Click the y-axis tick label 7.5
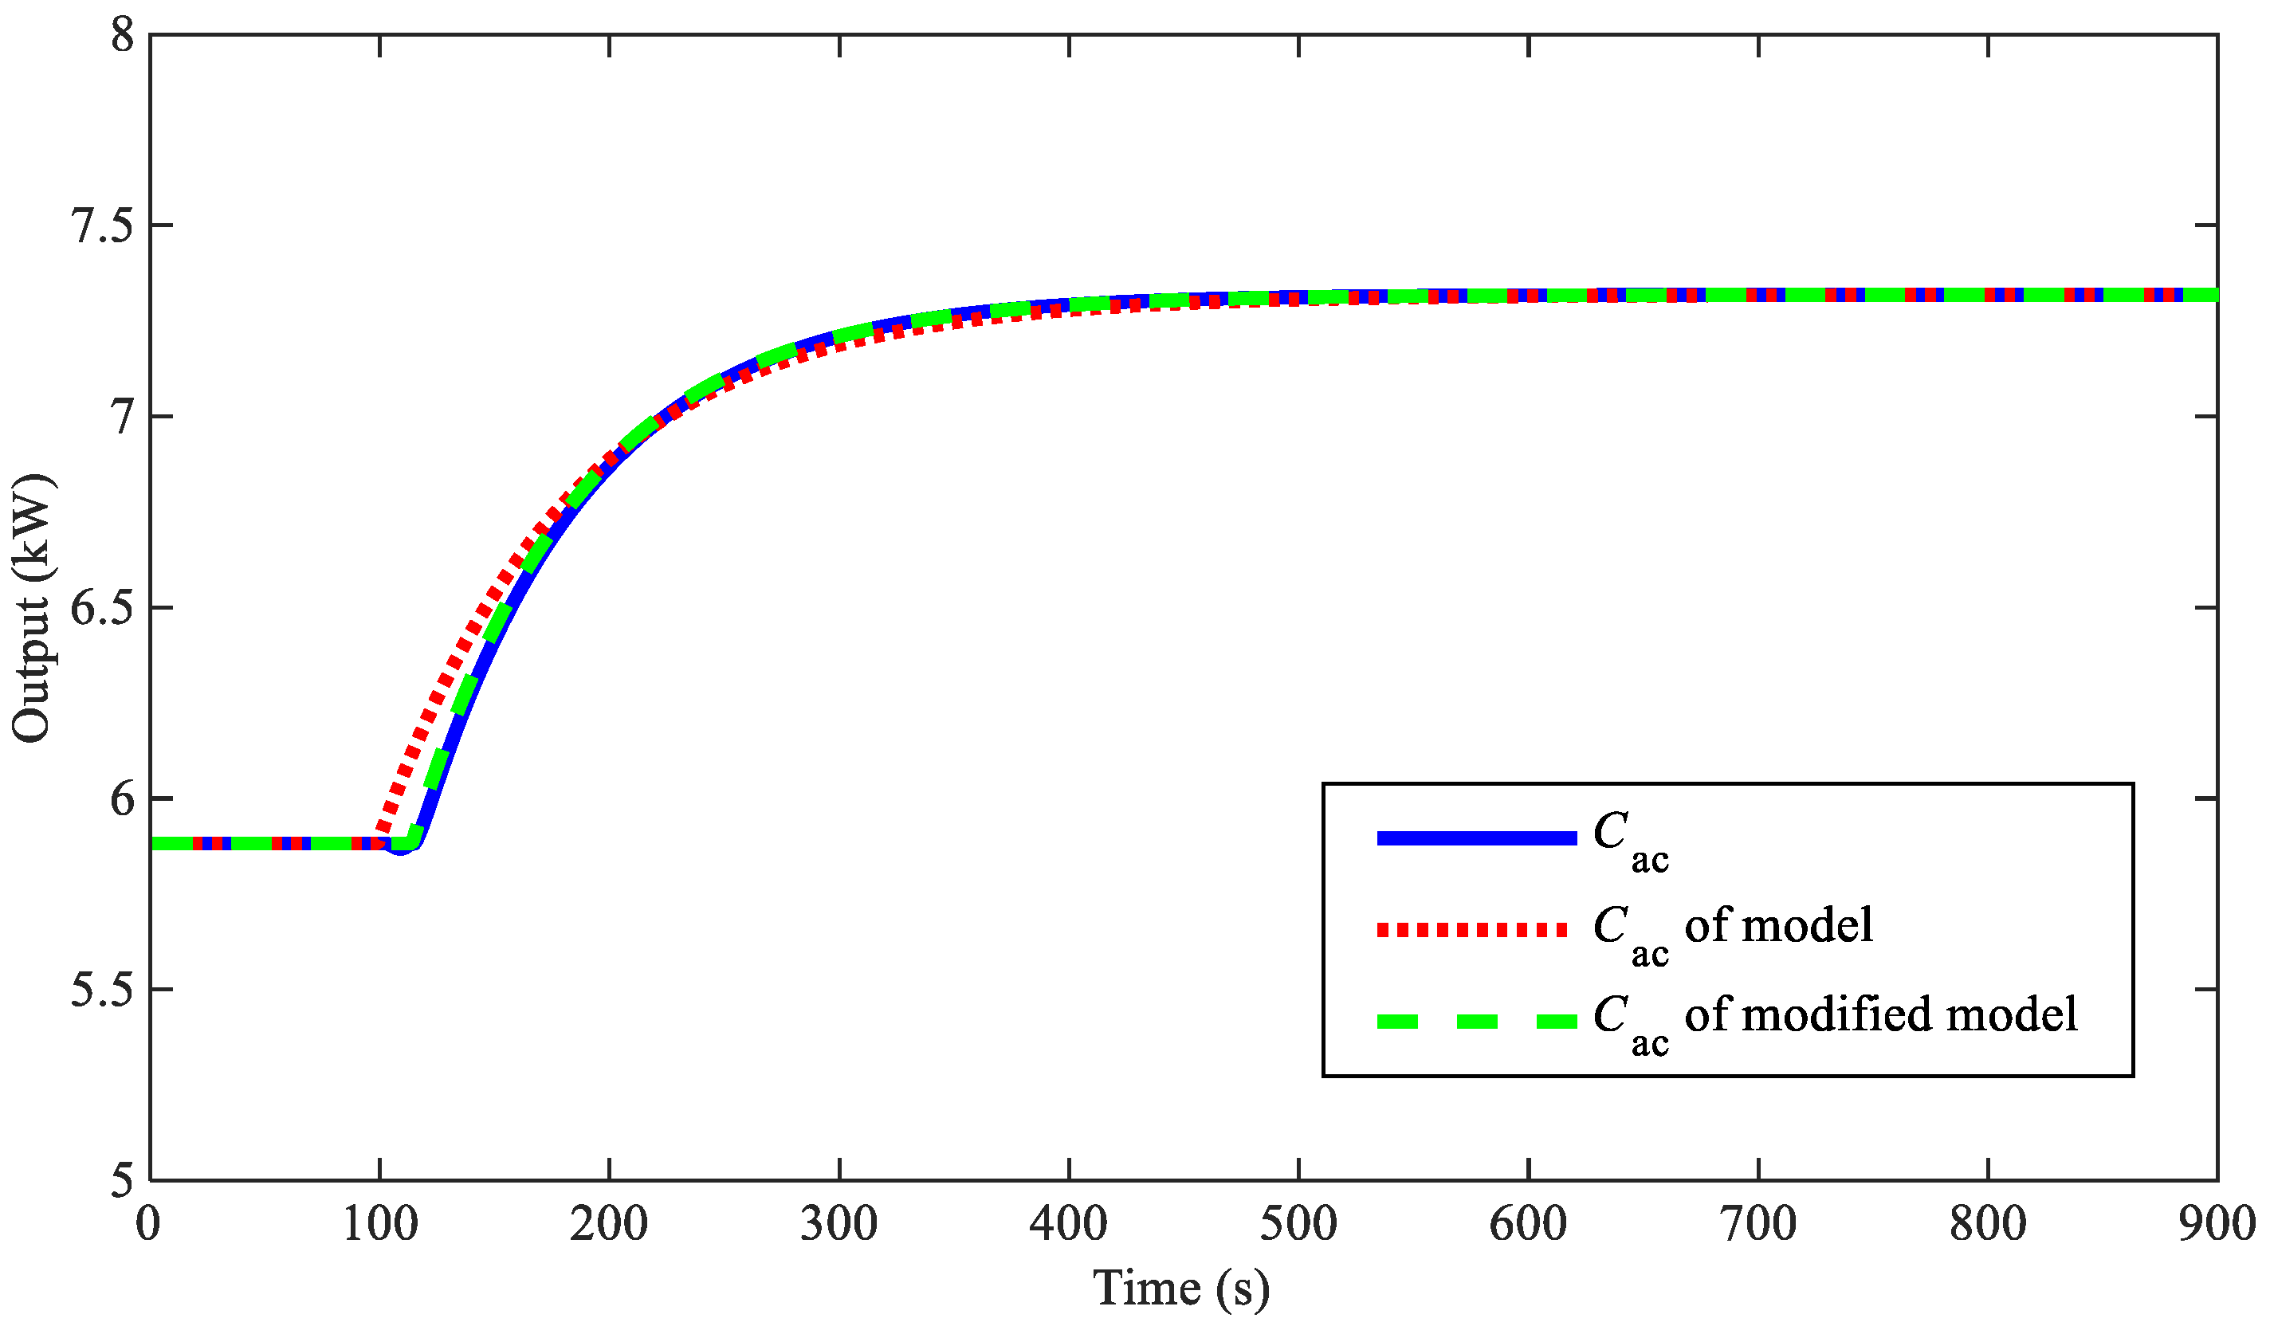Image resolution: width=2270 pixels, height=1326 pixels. pos(102,226)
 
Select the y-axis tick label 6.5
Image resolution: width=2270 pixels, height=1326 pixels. pos(102,608)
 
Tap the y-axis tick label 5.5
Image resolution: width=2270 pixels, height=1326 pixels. pos(102,990)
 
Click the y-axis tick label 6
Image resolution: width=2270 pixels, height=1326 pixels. pos(123,799)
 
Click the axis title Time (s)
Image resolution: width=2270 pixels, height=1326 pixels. pos(1181,1289)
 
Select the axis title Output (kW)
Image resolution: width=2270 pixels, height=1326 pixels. pos(34,608)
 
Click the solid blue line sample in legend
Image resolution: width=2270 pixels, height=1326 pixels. pos(1477,838)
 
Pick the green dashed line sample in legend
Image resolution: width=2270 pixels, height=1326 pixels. pos(1477,1022)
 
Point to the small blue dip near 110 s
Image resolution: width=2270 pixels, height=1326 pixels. pos(401,849)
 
